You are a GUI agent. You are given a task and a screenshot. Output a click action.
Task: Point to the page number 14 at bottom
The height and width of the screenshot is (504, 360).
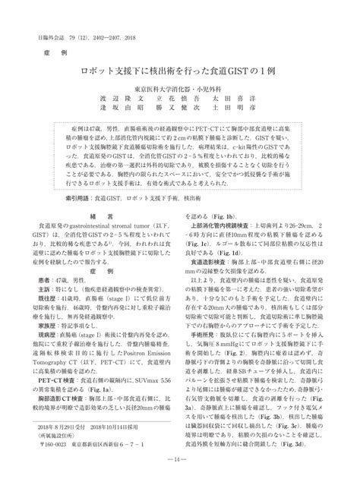(179, 482)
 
